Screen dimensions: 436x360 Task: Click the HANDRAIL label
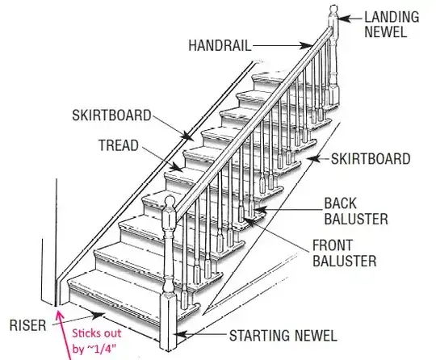click(x=220, y=45)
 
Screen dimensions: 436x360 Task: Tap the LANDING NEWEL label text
click(x=392, y=24)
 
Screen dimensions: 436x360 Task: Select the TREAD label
click(x=119, y=145)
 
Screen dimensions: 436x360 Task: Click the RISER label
click(x=27, y=325)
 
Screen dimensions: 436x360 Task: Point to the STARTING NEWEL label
click(x=283, y=335)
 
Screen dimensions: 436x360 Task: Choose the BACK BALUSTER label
click(x=356, y=211)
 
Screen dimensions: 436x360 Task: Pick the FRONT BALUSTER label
click(x=345, y=253)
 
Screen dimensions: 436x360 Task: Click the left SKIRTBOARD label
click(x=111, y=115)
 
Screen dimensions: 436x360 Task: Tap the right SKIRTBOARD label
click(x=371, y=159)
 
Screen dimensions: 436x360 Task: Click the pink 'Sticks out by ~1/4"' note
click(x=97, y=341)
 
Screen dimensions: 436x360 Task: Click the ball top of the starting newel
click(x=170, y=202)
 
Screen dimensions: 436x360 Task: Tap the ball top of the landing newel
click(x=333, y=9)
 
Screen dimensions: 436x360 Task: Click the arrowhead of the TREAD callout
click(x=177, y=168)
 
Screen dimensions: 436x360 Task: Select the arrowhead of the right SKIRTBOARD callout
click(x=312, y=159)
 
